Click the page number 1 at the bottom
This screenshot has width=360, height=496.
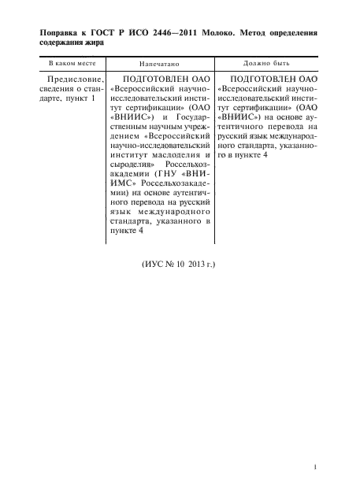click(315, 468)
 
